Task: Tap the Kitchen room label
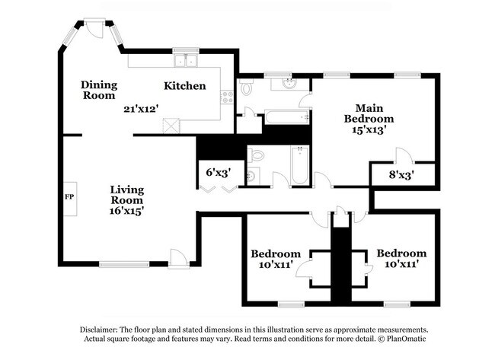(x=185, y=86)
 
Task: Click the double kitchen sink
(x=185, y=61)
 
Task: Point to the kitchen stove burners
(x=226, y=97)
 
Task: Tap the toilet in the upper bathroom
(x=244, y=88)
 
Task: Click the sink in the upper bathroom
(x=289, y=84)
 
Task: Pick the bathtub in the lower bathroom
(x=299, y=165)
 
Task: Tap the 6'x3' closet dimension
(x=219, y=172)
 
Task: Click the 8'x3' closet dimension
(x=401, y=174)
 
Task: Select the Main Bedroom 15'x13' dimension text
(x=369, y=130)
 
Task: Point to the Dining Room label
(x=99, y=91)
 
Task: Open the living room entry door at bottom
(x=179, y=259)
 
